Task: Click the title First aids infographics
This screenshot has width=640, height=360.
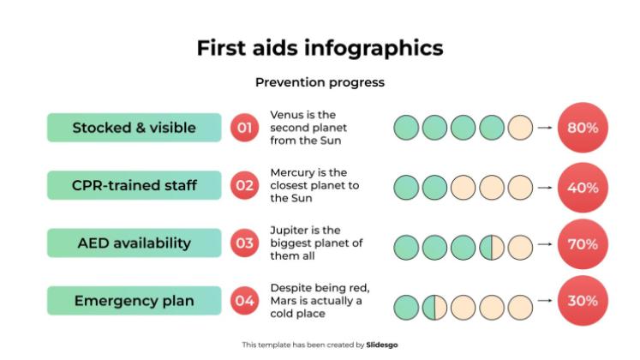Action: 320,47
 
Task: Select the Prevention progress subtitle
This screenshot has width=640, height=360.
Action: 320,82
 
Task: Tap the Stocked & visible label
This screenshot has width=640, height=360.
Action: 134,128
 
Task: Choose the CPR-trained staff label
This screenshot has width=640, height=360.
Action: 134,185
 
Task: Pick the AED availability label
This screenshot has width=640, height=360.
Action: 134,243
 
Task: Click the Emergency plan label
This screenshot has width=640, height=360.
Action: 134,301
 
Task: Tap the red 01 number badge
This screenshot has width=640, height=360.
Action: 244,128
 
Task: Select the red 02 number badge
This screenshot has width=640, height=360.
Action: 244,185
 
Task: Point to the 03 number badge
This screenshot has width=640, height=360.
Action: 244,243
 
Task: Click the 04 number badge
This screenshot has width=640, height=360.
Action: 244,301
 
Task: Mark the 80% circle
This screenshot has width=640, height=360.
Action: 583,128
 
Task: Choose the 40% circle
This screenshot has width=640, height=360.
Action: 583,187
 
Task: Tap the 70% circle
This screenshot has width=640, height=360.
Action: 583,244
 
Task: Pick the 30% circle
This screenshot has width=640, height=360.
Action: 583,301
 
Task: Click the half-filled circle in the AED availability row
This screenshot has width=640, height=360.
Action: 492,248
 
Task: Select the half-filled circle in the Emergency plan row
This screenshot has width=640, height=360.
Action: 434,306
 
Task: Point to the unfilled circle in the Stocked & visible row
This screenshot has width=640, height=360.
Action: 520,129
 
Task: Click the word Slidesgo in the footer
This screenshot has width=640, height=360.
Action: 382,345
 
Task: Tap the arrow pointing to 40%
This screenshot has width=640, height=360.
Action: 544,187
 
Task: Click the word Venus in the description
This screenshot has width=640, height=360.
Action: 285,114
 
